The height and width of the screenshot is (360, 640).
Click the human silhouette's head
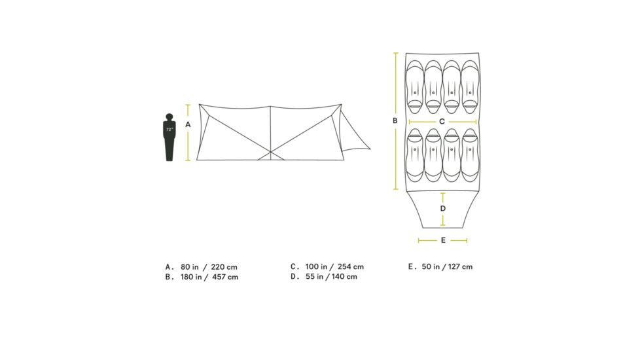click(169, 118)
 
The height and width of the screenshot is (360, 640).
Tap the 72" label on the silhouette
click(169, 130)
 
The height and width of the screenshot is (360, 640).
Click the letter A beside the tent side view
click(188, 124)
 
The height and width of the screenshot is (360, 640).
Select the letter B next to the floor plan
click(395, 120)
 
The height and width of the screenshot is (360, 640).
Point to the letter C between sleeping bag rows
click(442, 121)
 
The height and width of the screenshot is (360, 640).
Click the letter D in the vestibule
click(443, 208)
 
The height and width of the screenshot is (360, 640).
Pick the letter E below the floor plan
click(443, 240)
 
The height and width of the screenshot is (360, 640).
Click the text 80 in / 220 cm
click(209, 266)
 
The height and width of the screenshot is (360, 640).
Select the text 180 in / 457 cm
click(209, 277)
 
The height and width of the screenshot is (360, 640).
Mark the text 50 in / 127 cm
click(449, 266)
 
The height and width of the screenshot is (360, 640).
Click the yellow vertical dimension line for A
click(188, 141)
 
